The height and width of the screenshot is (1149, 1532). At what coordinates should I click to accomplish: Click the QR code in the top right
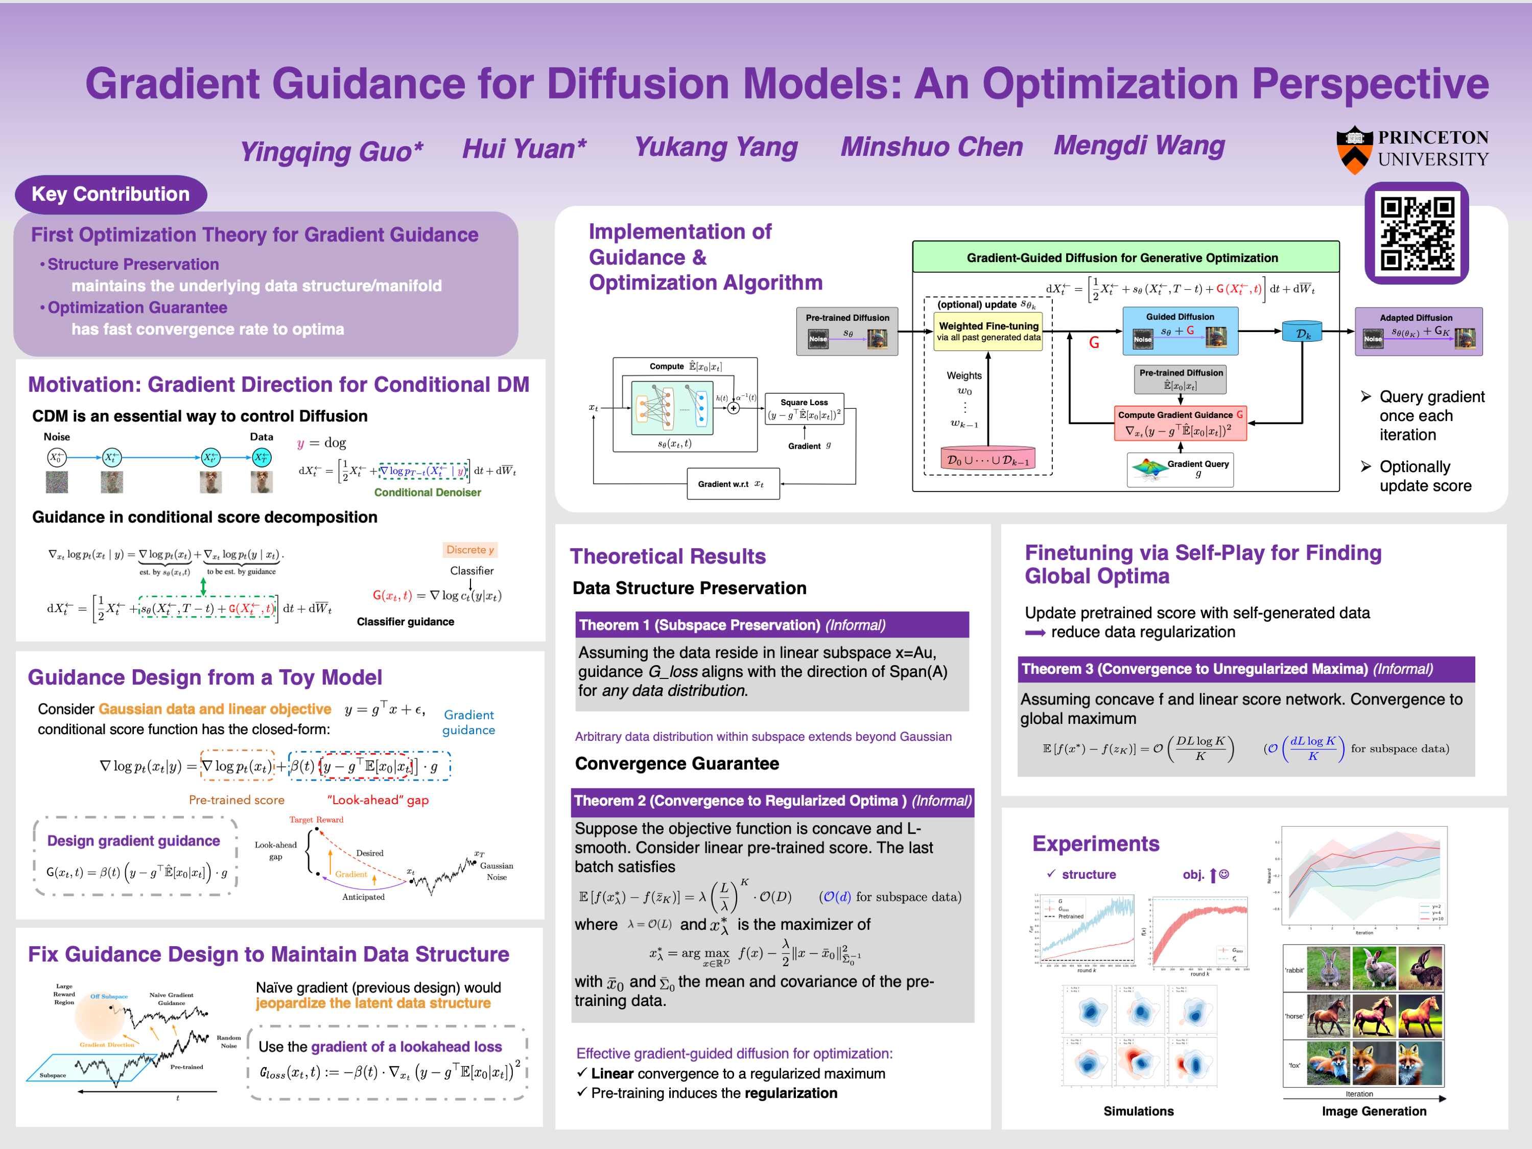1417,233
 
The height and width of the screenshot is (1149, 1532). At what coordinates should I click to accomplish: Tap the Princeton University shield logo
1354,149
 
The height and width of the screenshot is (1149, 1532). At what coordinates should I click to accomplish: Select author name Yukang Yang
716,147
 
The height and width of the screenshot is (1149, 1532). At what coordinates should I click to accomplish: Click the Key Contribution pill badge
111,194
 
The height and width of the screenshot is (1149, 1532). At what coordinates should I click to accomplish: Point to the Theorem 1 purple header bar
771,625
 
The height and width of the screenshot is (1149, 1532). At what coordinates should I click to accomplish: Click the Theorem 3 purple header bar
1245,669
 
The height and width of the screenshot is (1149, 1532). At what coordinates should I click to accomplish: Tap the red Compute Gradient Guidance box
1180,423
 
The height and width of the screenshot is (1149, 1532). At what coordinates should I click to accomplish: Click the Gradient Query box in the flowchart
1180,470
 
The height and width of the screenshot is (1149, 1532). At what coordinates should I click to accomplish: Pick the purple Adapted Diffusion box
1418,332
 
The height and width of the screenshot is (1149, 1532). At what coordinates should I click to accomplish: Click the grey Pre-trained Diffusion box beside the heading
847,332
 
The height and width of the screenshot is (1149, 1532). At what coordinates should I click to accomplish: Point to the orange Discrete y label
470,550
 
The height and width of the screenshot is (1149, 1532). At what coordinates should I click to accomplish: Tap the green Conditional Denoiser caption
428,493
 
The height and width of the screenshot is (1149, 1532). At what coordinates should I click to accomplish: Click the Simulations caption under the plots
1138,1111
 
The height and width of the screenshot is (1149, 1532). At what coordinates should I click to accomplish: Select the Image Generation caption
1374,1111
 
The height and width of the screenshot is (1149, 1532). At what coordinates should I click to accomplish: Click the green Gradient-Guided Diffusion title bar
1125,257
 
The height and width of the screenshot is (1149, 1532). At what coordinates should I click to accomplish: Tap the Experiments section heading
1096,843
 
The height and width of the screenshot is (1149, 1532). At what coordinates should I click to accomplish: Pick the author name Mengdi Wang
1139,146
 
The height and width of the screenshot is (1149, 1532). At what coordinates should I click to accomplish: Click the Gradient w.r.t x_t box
733,483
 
